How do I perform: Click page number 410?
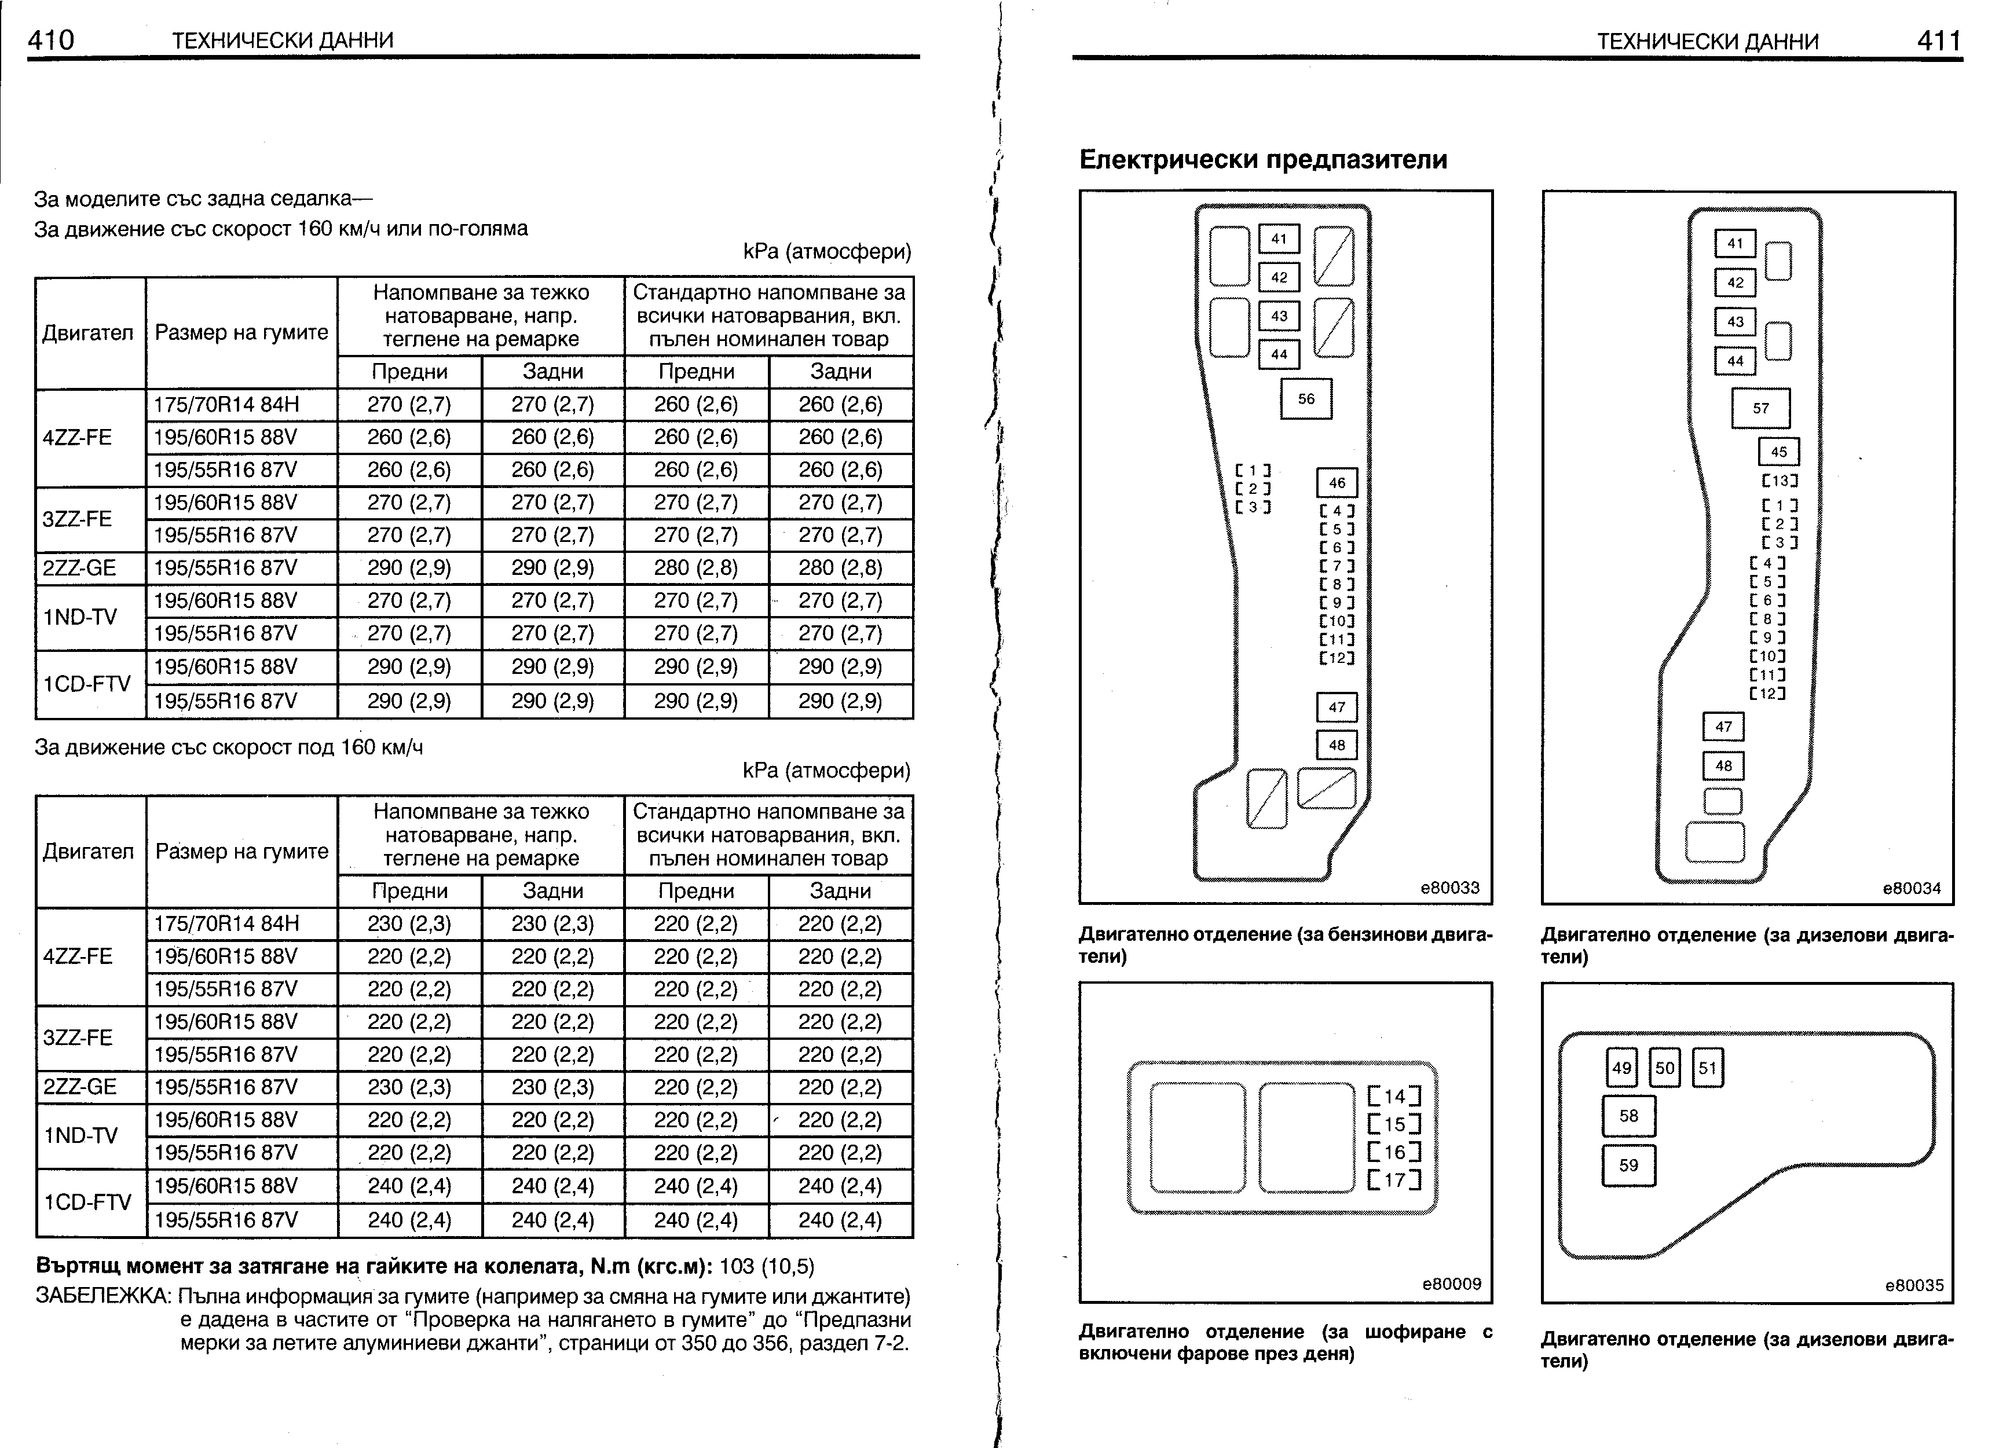pos(52,40)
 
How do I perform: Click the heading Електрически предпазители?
pos(1263,160)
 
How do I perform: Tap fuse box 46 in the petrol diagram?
pos(1337,483)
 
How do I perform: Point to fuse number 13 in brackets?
pos(1780,481)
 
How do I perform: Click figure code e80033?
pos(1450,888)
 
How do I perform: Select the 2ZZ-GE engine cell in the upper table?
pos(80,568)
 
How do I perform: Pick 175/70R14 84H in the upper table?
pos(227,405)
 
